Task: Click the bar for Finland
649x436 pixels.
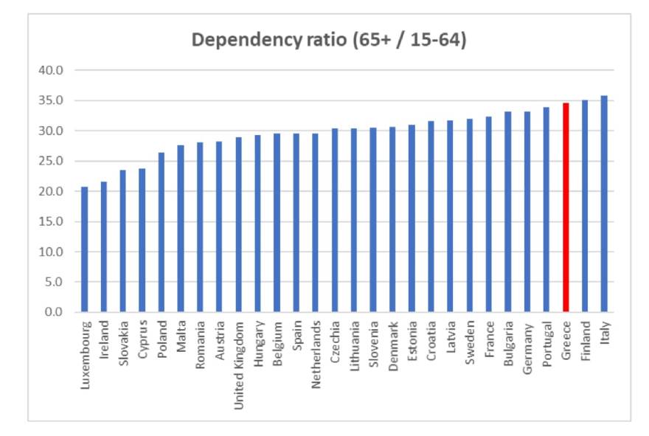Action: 585,206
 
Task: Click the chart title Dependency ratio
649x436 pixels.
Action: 328,40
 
